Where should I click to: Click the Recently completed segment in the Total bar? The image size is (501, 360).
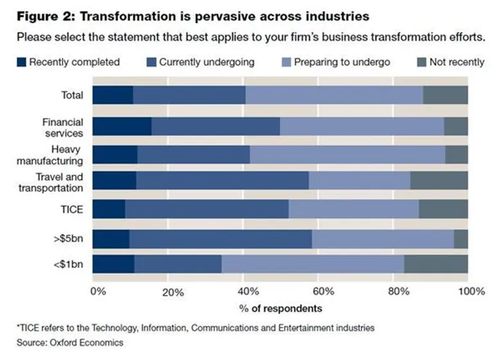click(113, 95)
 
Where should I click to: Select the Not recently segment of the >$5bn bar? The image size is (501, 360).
click(461, 239)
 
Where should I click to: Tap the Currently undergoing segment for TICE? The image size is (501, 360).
click(207, 209)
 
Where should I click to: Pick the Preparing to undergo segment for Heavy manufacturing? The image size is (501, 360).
click(347, 155)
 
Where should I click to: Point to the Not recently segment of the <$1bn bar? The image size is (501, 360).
click(436, 264)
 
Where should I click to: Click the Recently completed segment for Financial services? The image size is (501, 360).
click(123, 126)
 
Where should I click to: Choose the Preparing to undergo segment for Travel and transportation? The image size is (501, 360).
click(360, 180)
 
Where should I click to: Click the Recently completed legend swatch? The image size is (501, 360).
click(21, 62)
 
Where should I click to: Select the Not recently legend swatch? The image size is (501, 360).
click(422, 62)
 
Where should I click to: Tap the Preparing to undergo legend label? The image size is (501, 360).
click(342, 62)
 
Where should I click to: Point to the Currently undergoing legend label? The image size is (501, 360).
click(207, 62)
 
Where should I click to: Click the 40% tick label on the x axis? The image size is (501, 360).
click(248, 291)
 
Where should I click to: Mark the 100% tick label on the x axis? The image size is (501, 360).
click(471, 291)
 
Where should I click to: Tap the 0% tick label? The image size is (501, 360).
click(98, 291)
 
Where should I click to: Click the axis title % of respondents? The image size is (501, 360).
click(281, 309)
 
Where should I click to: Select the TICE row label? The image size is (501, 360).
click(72, 210)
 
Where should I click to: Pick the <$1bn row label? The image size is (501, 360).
click(68, 264)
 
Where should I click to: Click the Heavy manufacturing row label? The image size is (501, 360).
click(50, 155)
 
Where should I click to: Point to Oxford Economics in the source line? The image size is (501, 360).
click(87, 343)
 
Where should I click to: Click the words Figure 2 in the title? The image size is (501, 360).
click(46, 16)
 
